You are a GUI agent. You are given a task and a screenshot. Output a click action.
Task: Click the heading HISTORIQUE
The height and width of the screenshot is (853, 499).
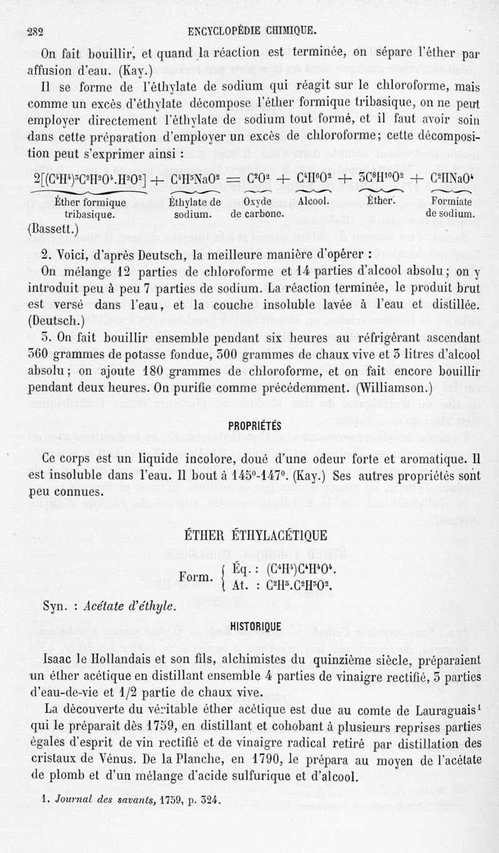[256, 626]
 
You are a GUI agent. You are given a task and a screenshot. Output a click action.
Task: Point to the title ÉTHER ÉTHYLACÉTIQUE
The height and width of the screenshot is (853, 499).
[256, 535]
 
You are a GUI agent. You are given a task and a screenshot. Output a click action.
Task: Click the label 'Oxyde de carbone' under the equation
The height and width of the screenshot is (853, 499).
[256, 207]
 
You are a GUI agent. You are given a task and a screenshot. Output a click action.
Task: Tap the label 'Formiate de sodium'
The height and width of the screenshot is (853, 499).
[450, 207]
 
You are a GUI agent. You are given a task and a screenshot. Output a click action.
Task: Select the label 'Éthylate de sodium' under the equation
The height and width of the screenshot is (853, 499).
[195, 207]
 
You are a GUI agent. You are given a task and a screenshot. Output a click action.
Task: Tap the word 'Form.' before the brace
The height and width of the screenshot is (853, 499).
[195, 576]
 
